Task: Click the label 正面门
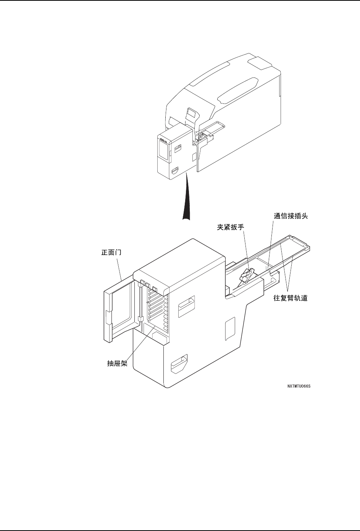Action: point(108,252)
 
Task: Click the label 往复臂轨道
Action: point(291,298)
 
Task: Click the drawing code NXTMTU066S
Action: point(299,386)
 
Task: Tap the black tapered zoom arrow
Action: point(186,199)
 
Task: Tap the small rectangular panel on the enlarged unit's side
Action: point(229,328)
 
